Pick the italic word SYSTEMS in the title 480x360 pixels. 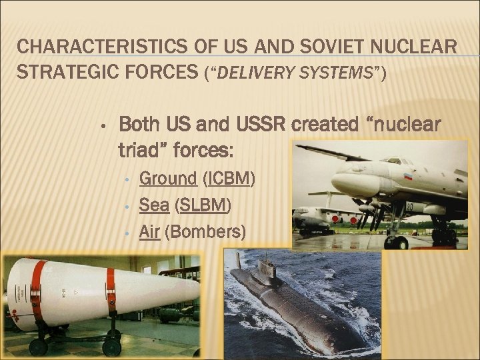click(337, 73)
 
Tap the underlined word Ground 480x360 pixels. click(167, 179)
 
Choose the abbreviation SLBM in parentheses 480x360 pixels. click(203, 205)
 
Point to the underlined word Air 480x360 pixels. click(149, 232)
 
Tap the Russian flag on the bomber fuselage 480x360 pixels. click(408, 177)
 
